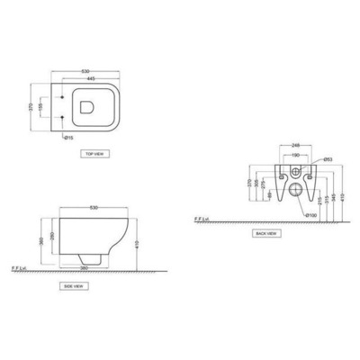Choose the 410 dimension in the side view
click(x=135, y=245)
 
